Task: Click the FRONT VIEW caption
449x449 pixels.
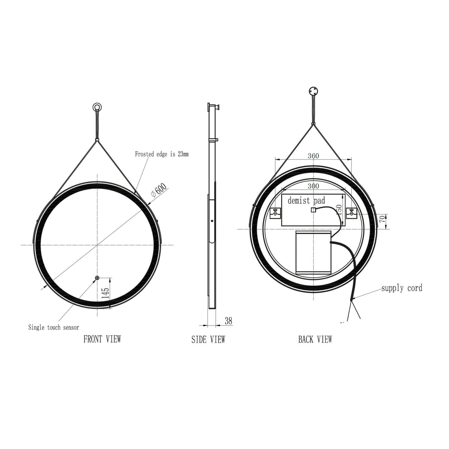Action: [102, 339]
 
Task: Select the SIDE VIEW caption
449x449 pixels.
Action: [208, 339]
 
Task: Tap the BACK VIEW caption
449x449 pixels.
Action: [315, 339]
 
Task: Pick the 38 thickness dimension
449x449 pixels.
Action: [228, 321]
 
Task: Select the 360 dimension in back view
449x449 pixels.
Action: [313, 156]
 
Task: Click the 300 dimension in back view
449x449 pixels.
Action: [313, 186]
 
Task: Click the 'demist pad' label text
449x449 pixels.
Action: [306, 201]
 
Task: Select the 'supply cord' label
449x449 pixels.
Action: [402, 288]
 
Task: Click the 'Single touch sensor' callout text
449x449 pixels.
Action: [54, 327]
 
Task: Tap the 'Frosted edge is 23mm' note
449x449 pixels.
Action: [162, 154]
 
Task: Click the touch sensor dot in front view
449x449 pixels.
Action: [97, 278]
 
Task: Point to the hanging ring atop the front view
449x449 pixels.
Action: [97, 107]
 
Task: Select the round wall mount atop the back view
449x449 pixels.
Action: [313, 91]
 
